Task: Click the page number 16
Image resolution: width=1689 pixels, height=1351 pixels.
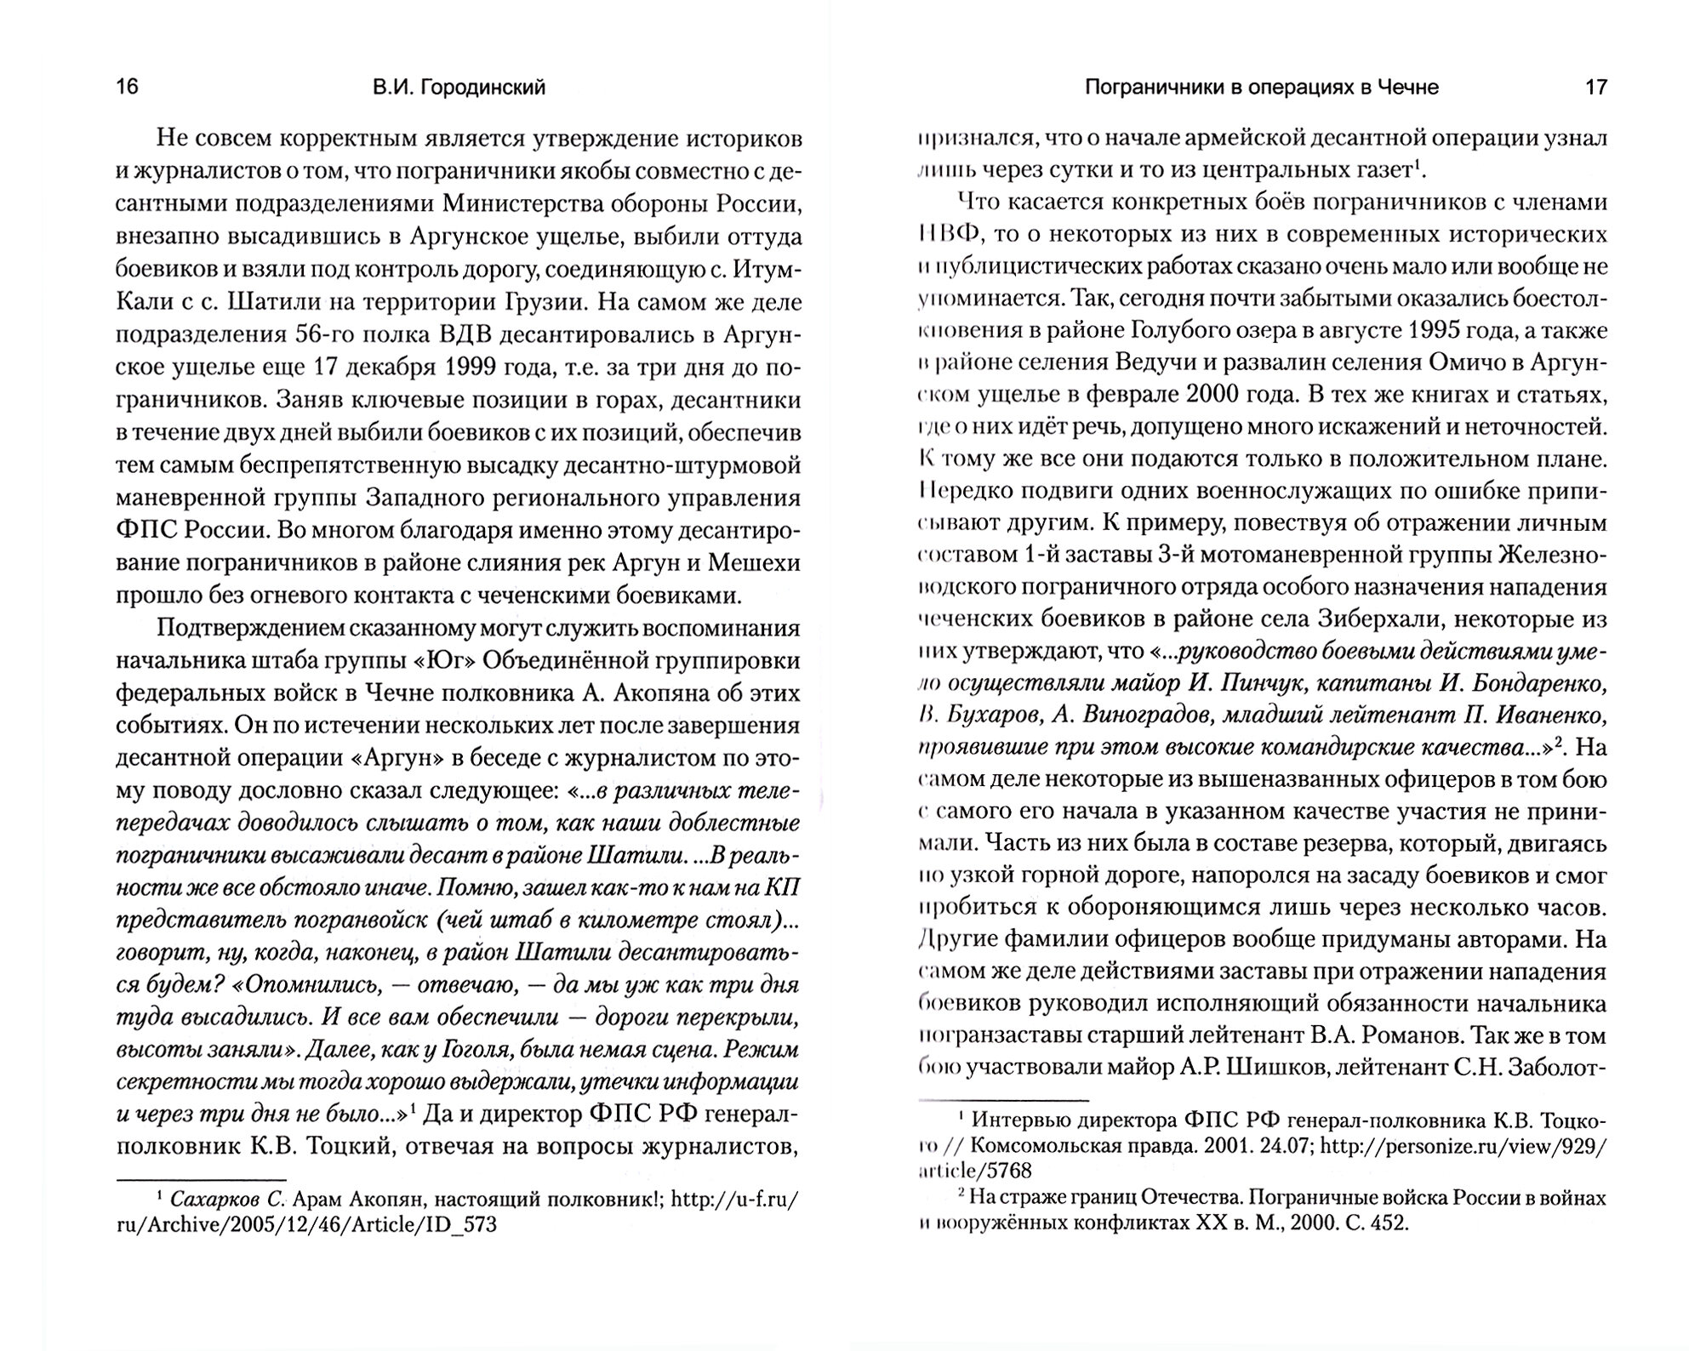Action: tap(127, 88)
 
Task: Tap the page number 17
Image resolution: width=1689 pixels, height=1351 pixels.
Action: tap(1596, 88)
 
